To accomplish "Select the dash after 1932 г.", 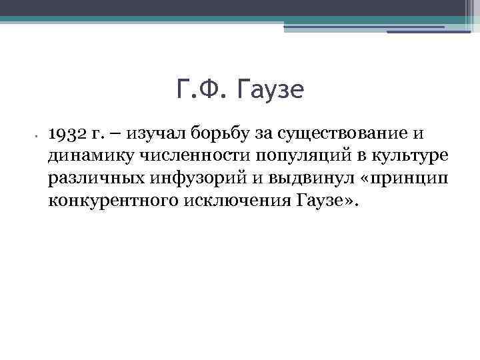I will [116, 134].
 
